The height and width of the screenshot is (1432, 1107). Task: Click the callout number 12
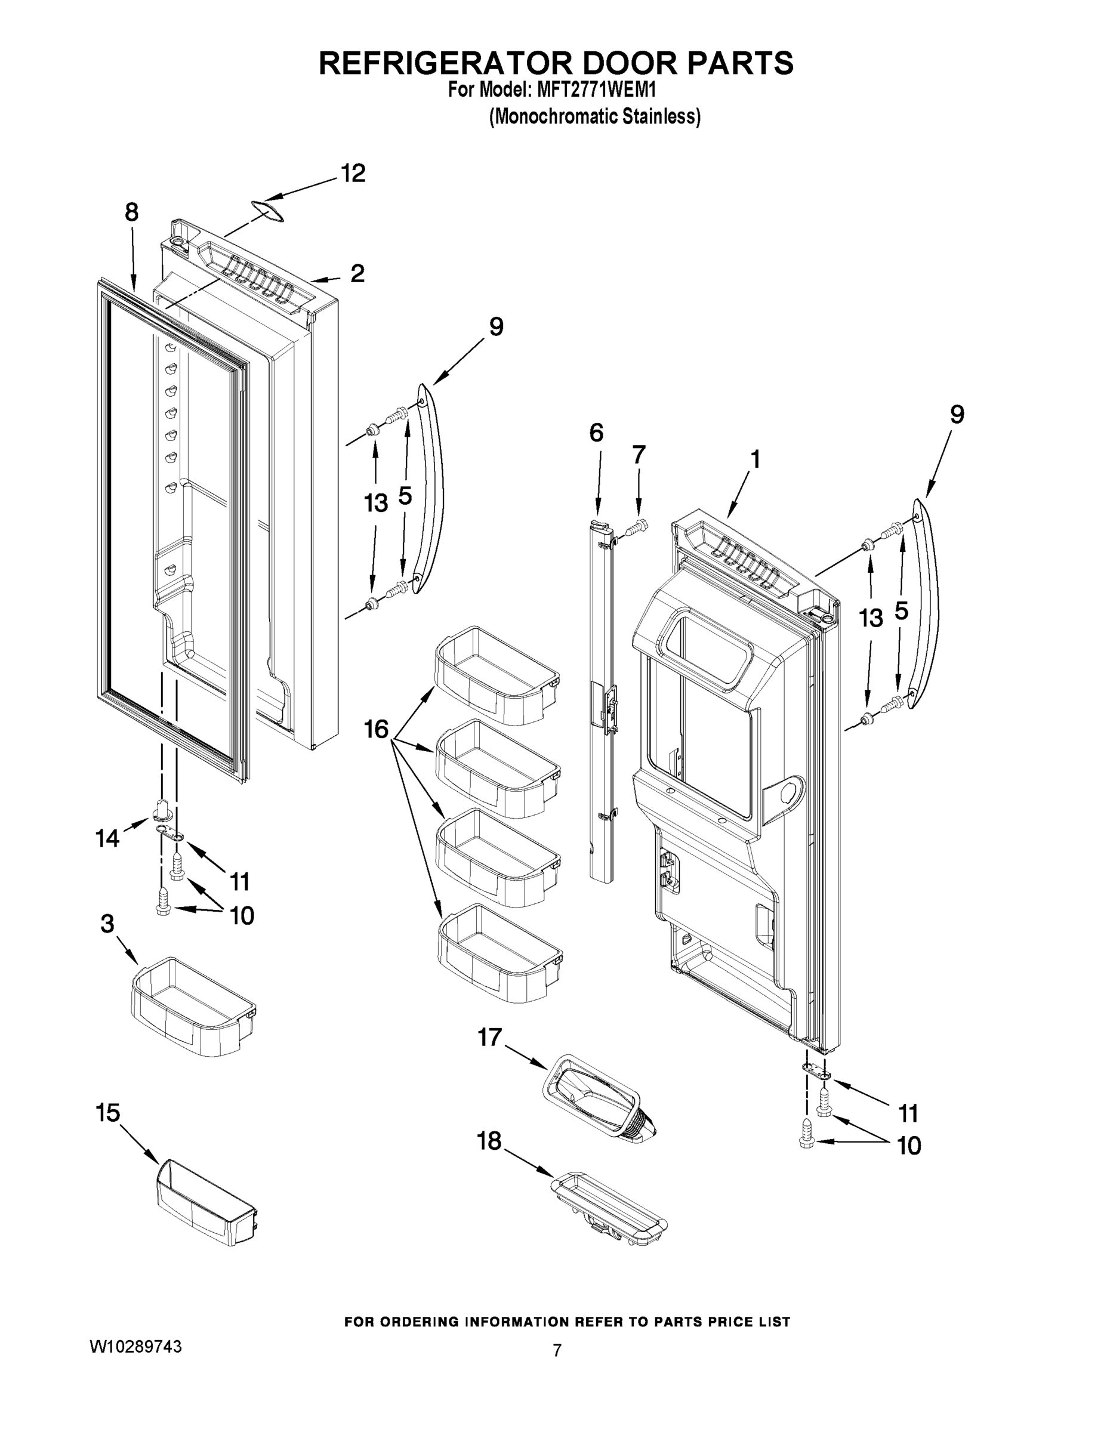[x=353, y=174]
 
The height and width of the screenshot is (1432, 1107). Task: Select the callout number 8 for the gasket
[x=131, y=212]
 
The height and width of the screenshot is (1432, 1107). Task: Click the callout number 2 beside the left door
[x=357, y=273]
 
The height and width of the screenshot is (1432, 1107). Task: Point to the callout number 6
[x=596, y=433]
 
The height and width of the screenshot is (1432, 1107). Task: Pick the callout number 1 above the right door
[x=755, y=459]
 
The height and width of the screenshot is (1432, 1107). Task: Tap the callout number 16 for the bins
[x=377, y=729]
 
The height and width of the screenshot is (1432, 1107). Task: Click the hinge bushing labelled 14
[x=163, y=810]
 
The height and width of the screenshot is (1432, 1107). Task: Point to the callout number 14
[x=107, y=837]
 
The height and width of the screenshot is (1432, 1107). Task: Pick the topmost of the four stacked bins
[x=497, y=676]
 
